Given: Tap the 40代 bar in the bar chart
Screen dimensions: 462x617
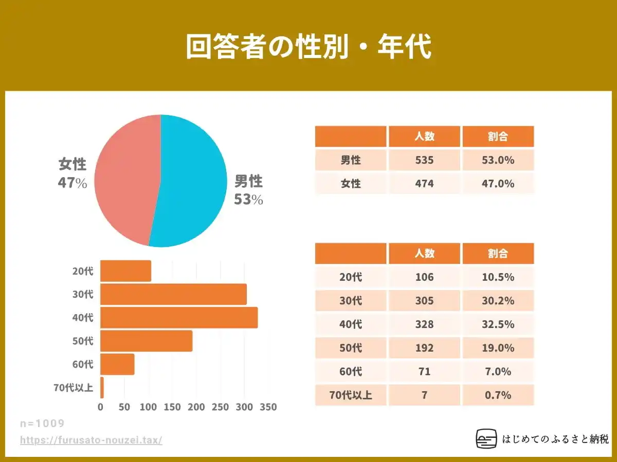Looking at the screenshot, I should pos(178,317).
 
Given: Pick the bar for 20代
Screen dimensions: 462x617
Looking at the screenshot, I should pos(125,271).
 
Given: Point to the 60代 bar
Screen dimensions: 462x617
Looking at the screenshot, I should pos(117,364).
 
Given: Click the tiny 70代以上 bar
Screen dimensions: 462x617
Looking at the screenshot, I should pos(102,388).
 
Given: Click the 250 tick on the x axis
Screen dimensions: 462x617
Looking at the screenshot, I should pos(221,407).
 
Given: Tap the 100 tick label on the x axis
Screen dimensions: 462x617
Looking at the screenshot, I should pos(148,407).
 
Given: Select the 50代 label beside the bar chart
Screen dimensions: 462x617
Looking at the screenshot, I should pos(83,341).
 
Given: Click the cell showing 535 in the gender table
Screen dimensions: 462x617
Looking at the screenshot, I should pos(424,160).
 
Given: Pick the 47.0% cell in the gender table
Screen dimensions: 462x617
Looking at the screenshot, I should pos(498,183).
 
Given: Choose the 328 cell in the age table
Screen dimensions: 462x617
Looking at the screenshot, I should pos(424,324).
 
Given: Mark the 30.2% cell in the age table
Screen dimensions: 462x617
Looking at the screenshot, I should pos(498,301).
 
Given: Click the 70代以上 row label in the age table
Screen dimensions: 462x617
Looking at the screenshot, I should pos(351,395).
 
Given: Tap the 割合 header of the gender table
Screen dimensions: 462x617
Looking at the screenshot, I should pos(498,137).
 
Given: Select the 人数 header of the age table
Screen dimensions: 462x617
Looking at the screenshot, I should pos(424,254).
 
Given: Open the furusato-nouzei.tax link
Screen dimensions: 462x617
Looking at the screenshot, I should pos(91,440).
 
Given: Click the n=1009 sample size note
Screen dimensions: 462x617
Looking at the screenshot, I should pos(42,423).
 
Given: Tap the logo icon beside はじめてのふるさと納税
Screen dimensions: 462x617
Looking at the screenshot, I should pos(486,439).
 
